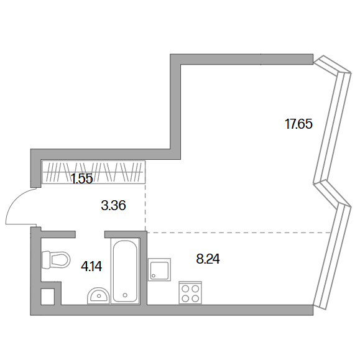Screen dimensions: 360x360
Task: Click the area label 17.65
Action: (298, 124)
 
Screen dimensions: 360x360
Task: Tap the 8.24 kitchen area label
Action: (208, 259)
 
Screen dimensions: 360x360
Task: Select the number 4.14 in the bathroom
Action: (91, 267)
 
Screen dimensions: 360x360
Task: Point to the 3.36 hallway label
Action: (113, 205)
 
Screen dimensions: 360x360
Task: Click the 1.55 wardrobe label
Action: (82, 178)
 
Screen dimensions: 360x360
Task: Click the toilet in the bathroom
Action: (56, 260)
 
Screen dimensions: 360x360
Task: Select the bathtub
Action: (126, 271)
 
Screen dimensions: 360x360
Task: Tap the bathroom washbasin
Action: (98, 296)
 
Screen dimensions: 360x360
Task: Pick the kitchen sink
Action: (159, 269)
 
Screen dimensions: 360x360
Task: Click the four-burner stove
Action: (190, 293)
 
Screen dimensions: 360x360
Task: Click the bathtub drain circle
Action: (125, 295)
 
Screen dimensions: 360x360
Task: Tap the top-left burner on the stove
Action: (185, 288)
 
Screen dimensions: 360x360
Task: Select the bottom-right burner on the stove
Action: (195, 298)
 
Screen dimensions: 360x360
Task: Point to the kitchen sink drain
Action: (154, 275)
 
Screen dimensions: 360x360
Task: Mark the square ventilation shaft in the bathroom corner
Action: (47, 297)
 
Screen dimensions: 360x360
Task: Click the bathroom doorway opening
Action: (90, 234)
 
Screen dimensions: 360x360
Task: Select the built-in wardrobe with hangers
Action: (94, 172)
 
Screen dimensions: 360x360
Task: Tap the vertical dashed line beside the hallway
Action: (145, 206)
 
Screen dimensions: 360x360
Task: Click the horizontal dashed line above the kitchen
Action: (239, 233)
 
